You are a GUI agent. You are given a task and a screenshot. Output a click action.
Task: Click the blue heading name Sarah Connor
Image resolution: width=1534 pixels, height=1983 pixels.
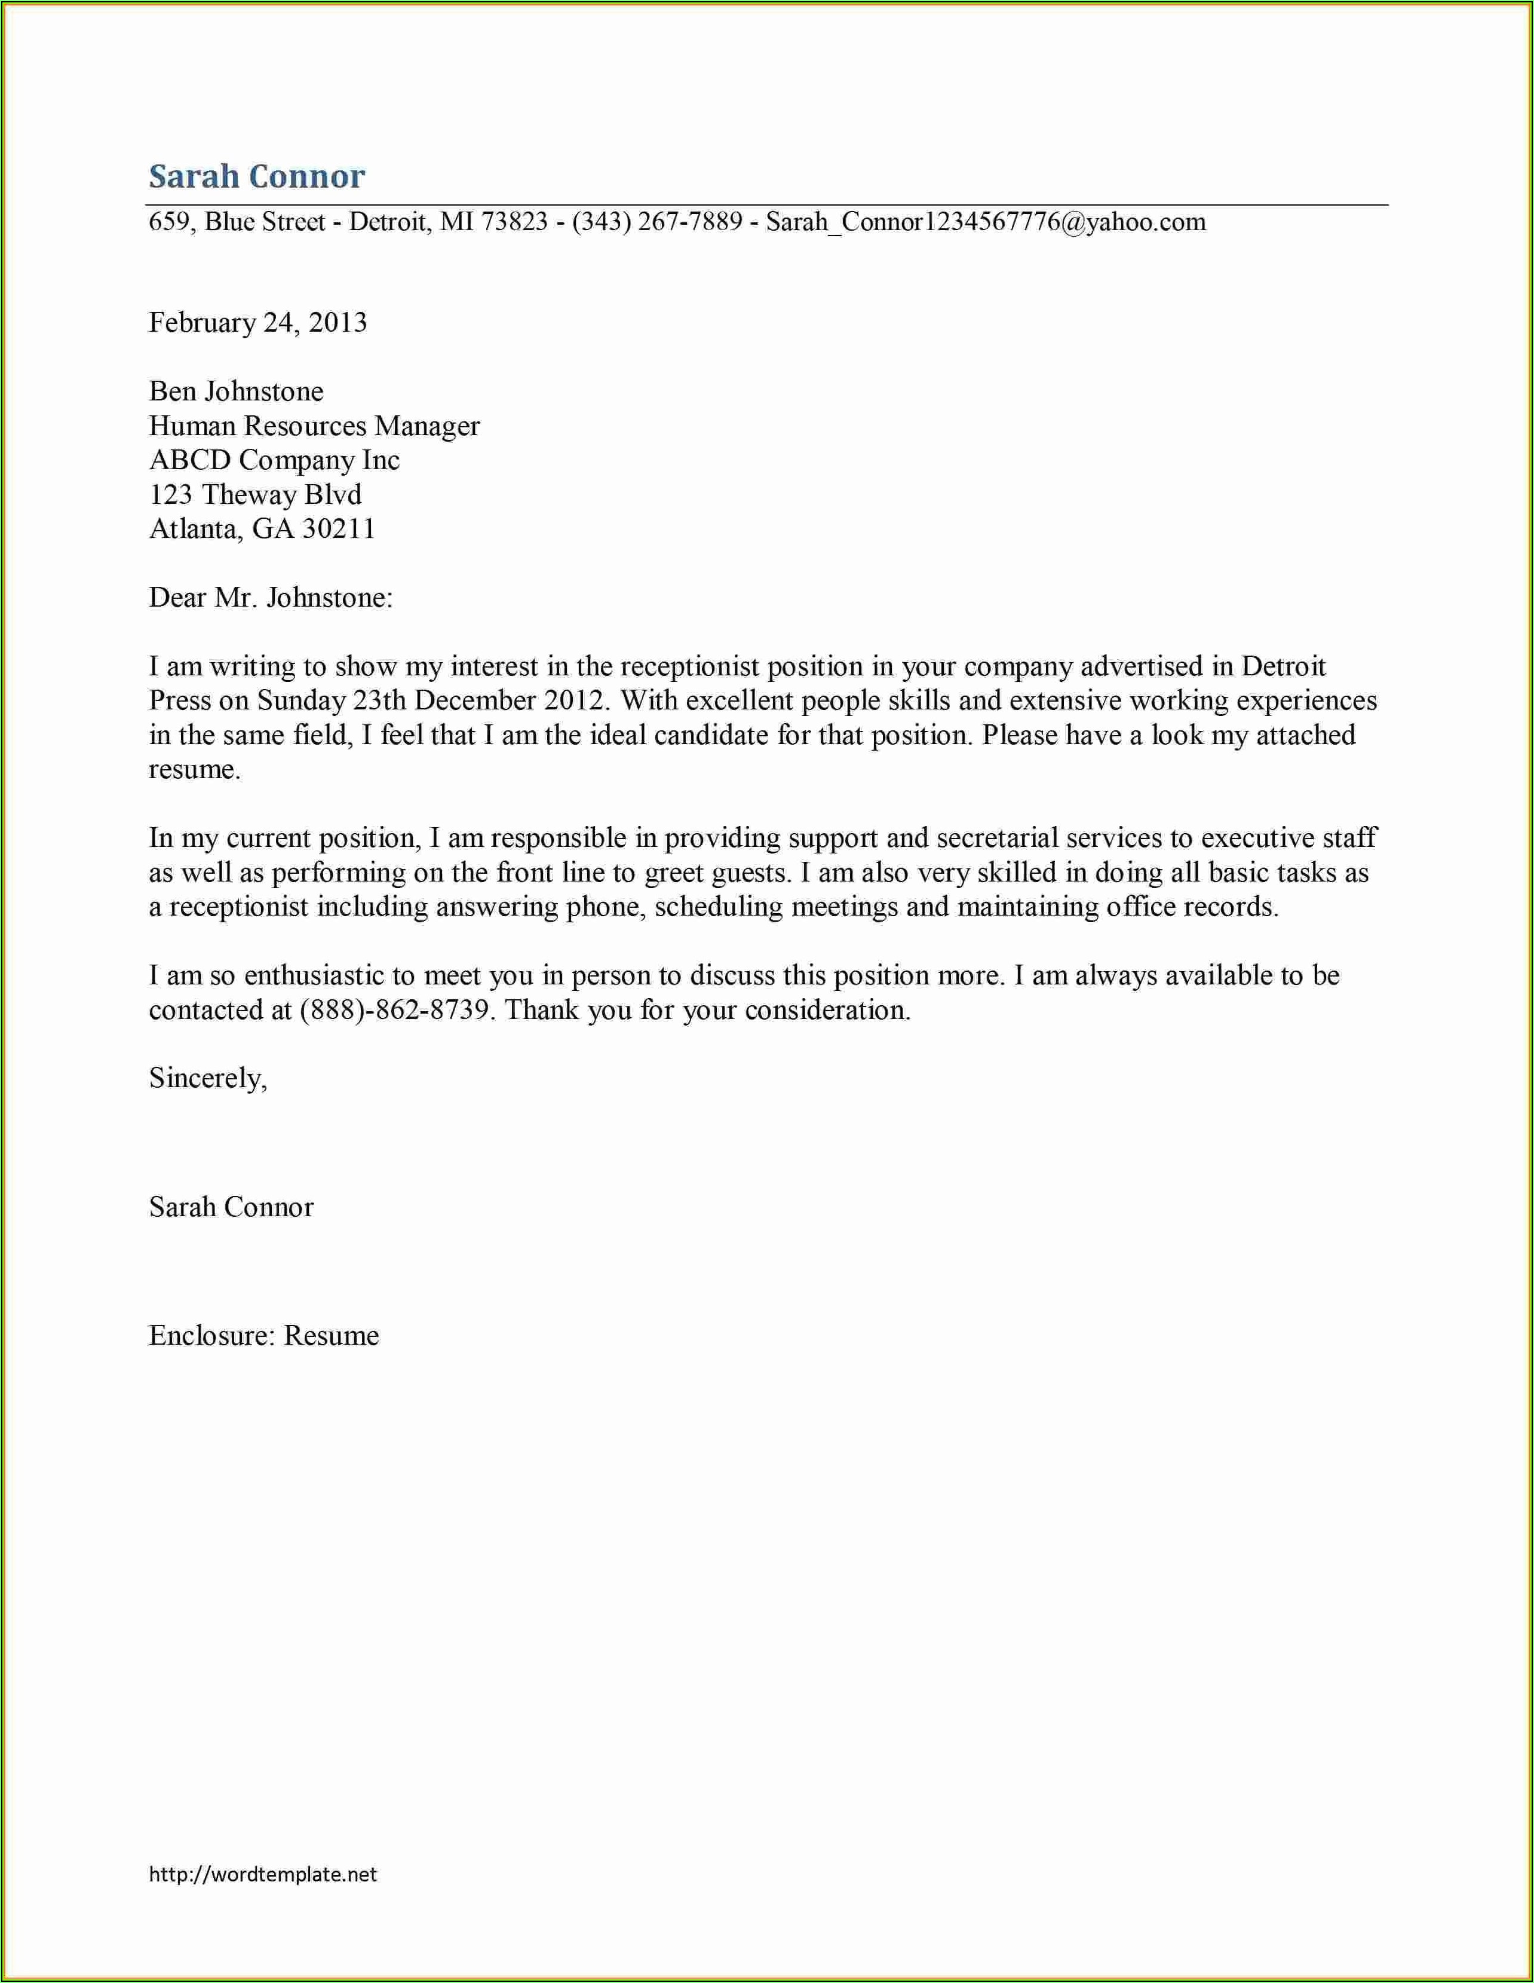coord(257,176)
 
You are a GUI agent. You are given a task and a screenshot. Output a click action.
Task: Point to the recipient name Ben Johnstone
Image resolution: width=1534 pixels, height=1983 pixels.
coord(236,391)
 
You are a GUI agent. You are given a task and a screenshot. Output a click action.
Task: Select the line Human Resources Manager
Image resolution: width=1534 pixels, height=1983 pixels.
coord(314,426)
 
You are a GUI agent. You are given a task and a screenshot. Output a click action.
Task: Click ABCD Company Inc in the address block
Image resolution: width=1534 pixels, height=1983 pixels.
coord(274,460)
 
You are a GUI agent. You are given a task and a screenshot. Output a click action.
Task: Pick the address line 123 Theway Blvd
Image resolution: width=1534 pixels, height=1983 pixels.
coord(255,495)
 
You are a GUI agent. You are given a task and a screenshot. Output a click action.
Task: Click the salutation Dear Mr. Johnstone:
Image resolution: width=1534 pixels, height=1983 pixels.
coord(271,598)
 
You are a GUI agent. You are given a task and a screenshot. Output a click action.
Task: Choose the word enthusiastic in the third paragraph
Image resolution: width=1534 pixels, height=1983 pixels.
coord(314,976)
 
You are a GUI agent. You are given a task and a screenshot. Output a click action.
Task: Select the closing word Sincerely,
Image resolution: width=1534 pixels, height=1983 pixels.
coord(208,1079)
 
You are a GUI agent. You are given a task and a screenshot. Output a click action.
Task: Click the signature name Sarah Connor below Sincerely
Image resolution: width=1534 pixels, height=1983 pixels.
coord(231,1208)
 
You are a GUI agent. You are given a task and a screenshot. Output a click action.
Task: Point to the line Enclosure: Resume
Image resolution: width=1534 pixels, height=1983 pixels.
coord(263,1336)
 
